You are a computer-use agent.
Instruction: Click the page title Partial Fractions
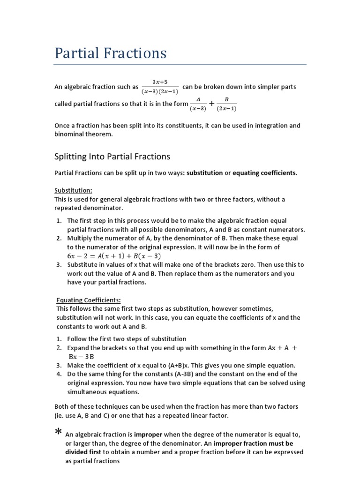point(111,53)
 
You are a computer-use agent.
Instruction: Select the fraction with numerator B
point(227,104)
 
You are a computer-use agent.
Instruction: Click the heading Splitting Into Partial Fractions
point(112,157)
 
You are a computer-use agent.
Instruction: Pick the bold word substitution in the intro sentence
point(204,173)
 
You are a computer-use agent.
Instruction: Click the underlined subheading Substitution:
point(74,190)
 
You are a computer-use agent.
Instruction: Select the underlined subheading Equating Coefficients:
point(89,300)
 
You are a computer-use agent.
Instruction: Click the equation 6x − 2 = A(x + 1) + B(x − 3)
point(114,256)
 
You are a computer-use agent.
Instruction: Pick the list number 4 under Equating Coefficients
point(59,374)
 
